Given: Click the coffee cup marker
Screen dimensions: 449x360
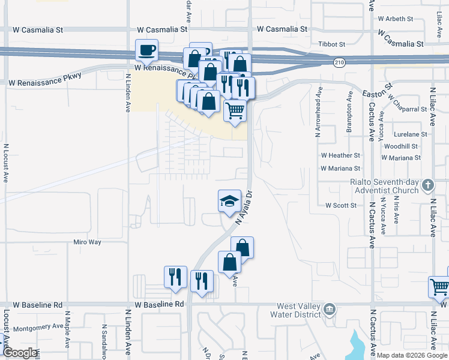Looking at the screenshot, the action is coord(146,50).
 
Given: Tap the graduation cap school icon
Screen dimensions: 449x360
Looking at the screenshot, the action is coord(229,201).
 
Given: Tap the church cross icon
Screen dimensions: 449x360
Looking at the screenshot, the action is coord(427,185).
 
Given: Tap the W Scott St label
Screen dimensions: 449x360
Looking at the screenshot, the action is coord(341,205).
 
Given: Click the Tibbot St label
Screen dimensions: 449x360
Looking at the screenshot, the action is coord(332,44).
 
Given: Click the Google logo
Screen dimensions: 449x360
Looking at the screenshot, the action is coord(20,353).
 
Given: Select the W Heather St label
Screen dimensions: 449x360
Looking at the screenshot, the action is coord(340,154).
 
